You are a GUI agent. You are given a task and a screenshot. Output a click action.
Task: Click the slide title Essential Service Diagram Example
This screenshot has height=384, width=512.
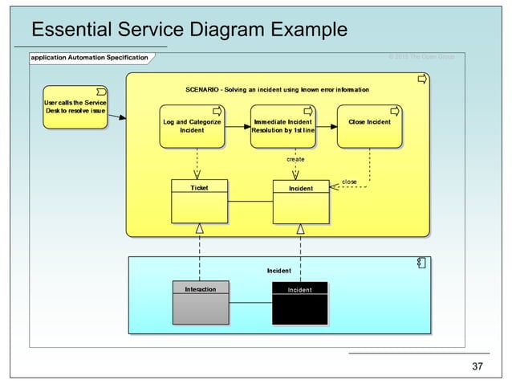point(189,31)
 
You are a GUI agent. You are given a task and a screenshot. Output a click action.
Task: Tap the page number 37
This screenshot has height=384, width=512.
point(477,367)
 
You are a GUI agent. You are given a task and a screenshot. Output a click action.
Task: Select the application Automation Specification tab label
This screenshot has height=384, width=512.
point(89,58)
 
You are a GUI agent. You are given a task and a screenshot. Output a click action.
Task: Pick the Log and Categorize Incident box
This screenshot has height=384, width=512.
point(192,126)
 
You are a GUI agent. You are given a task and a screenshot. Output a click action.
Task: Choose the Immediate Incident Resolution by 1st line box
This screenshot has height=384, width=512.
point(282,126)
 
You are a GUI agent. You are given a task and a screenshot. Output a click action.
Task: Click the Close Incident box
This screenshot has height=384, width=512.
point(369,126)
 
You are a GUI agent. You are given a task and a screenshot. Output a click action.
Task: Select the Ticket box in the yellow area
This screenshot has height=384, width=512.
point(199,202)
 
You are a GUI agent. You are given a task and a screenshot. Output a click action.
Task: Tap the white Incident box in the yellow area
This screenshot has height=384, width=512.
point(301,202)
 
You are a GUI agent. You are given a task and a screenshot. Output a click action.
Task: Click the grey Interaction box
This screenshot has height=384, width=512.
point(201,303)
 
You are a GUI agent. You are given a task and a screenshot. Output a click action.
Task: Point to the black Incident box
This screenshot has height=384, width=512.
point(300,303)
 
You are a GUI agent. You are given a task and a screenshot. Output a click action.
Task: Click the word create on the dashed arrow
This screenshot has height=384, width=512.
point(295,160)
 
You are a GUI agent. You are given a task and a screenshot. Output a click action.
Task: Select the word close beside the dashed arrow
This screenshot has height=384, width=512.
point(349,182)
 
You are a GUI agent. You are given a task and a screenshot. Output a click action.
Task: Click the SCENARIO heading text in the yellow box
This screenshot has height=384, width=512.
point(277,90)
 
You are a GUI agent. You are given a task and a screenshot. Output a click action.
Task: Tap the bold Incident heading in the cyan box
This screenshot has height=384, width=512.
point(278,271)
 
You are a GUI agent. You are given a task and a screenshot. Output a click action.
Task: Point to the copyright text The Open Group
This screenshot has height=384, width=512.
point(421,56)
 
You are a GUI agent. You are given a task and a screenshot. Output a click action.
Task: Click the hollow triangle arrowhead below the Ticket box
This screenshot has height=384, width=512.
point(199,229)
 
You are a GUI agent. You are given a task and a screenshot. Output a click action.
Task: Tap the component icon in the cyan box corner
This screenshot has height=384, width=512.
point(421,263)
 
